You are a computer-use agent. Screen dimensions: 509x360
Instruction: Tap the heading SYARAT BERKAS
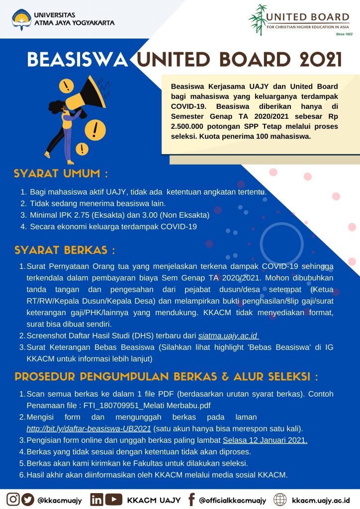pyautogui.click(x=65, y=250)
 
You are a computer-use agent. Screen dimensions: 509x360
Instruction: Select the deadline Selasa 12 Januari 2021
pyautogui.click(x=265, y=440)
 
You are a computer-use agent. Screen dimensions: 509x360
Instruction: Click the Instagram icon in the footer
pyautogui.click(x=13, y=499)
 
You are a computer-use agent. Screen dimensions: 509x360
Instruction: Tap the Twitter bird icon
pyautogui.click(x=28, y=499)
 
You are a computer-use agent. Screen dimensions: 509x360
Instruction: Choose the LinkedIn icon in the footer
pyautogui.click(x=97, y=499)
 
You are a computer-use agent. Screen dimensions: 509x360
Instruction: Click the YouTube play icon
pyautogui.click(x=113, y=499)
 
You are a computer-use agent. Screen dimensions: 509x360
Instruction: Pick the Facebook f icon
pyautogui.click(x=191, y=499)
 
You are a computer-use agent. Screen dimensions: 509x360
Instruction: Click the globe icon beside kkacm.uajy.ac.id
pyautogui.click(x=280, y=499)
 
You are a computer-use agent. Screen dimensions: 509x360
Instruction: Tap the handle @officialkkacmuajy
pyautogui.click(x=232, y=500)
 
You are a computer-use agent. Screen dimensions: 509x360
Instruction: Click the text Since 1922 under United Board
pyautogui.click(x=344, y=34)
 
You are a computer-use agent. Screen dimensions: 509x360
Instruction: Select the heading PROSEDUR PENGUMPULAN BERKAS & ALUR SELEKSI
pyautogui.click(x=166, y=376)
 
